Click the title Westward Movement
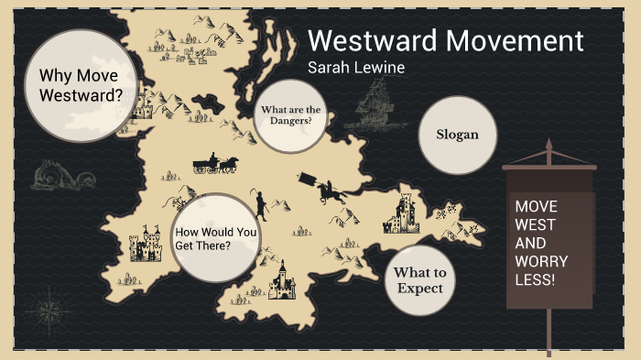[x=445, y=41]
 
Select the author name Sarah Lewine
[x=358, y=69]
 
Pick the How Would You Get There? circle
[x=216, y=237]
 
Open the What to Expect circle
[x=419, y=280]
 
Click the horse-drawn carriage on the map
[x=214, y=164]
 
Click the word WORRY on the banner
[x=538, y=261]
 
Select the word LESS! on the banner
[x=535, y=279]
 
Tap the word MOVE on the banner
[x=536, y=206]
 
